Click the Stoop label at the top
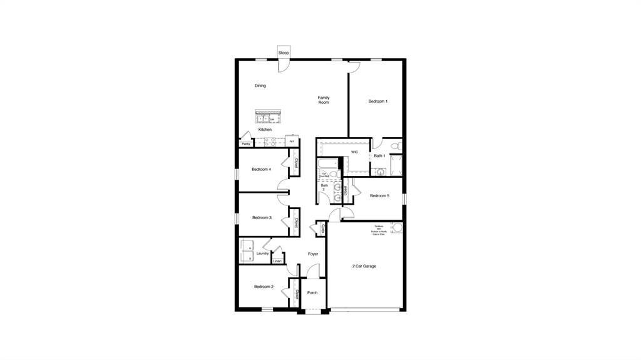point(284,53)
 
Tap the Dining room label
point(260,86)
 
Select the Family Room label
point(323,100)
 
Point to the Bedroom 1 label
point(377,101)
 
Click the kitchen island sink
point(264,118)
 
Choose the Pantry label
point(246,144)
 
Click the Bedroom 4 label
point(261,170)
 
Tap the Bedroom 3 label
point(262,218)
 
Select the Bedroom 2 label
point(264,287)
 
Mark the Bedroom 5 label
point(379,196)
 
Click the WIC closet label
point(354,152)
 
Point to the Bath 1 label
point(379,156)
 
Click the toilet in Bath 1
point(395,146)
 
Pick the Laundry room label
point(262,254)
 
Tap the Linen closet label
point(277,261)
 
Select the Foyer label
point(313,254)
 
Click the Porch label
point(312,292)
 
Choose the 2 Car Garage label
point(364,266)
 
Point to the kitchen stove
point(270,142)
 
